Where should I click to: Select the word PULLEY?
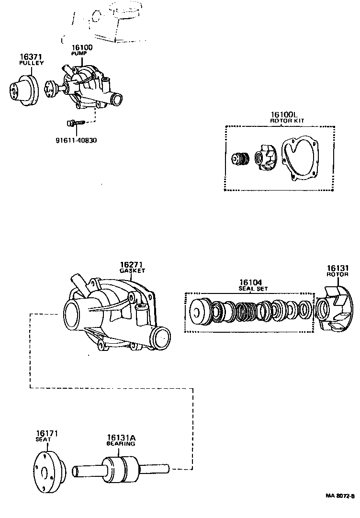[31, 63]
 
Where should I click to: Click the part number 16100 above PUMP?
[82, 48]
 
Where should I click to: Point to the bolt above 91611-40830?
[75, 123]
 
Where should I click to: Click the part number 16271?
[132, 265]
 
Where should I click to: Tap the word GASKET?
[132, 271]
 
